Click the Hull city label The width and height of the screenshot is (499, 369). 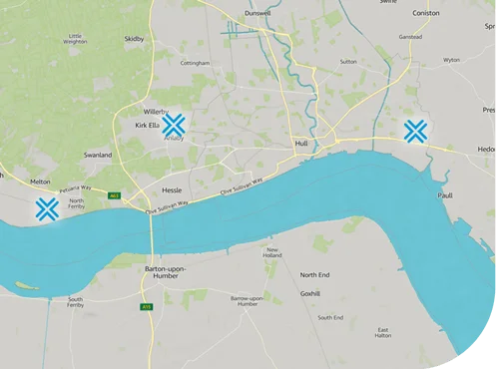[x=301, y=144]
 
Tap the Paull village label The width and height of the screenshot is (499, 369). [x=445, y=196]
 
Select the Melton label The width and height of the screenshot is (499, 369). [x=40, y=182]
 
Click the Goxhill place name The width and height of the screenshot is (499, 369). [x=310, y=294]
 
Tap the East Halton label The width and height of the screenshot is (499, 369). [x=383, y=333]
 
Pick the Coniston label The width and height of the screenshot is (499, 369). [x=425, y=13]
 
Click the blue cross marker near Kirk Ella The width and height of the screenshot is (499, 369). [x=175, y=125]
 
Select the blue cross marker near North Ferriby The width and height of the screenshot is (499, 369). [x=46, y=208]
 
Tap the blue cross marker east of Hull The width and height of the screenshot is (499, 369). [x=416, y=131]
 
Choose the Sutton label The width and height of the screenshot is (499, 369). [x=348, y=61]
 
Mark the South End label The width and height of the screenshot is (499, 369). [x=331, y=317]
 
